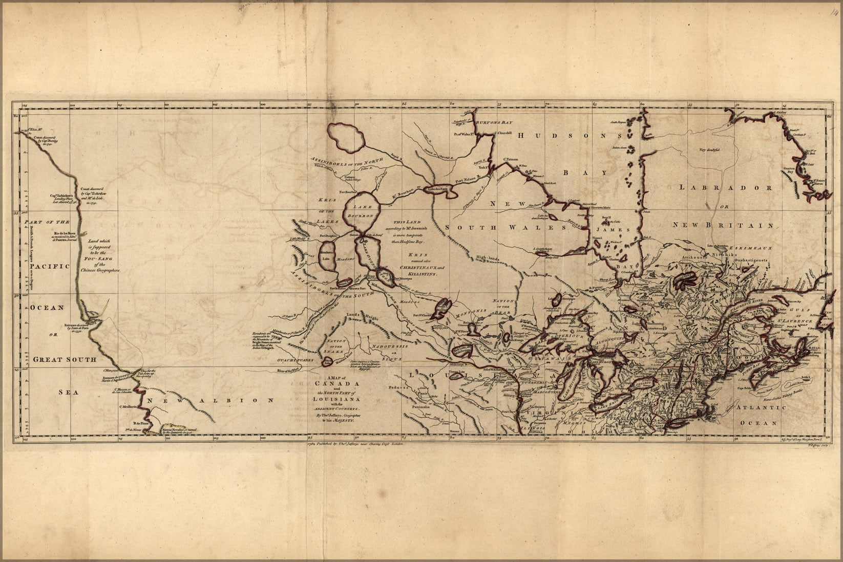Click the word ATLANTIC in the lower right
coord(758,407)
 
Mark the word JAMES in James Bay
coord(617,230)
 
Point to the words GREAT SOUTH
coord(65,359)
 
